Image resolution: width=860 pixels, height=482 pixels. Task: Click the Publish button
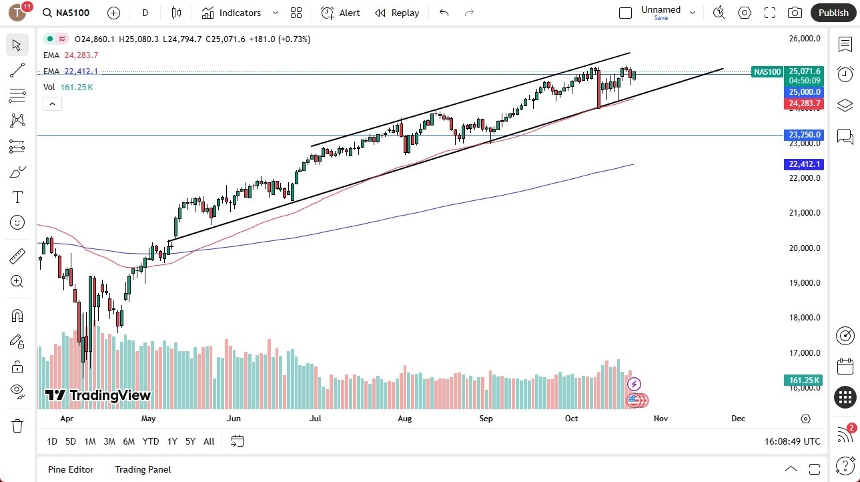point(833,13)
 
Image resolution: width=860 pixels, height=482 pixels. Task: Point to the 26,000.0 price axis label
point(804,39)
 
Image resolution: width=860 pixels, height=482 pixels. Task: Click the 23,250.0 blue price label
point(804,135)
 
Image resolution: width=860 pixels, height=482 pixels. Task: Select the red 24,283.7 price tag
point(804,103)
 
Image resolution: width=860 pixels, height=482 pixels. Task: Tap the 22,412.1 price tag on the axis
point(804,164)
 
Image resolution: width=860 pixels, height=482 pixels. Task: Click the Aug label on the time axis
point(404,419)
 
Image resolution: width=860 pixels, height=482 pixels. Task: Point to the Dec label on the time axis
point(738,419)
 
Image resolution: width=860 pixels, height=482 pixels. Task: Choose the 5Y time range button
point(190,441)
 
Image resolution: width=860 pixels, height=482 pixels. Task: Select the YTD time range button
point(151,441)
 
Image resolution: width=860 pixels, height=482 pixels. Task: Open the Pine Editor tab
point(71,469)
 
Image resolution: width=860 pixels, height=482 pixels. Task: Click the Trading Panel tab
point(143,469)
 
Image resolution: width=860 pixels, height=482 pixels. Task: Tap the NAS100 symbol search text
point(73,13)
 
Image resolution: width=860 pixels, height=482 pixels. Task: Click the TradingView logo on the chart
point(98,395)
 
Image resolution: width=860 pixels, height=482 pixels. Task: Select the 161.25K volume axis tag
point(804,381)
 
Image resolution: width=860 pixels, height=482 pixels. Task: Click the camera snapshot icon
point(795,13)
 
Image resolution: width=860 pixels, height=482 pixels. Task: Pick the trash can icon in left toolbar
point(17,425)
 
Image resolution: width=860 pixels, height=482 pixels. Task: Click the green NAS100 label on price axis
point(767,72)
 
